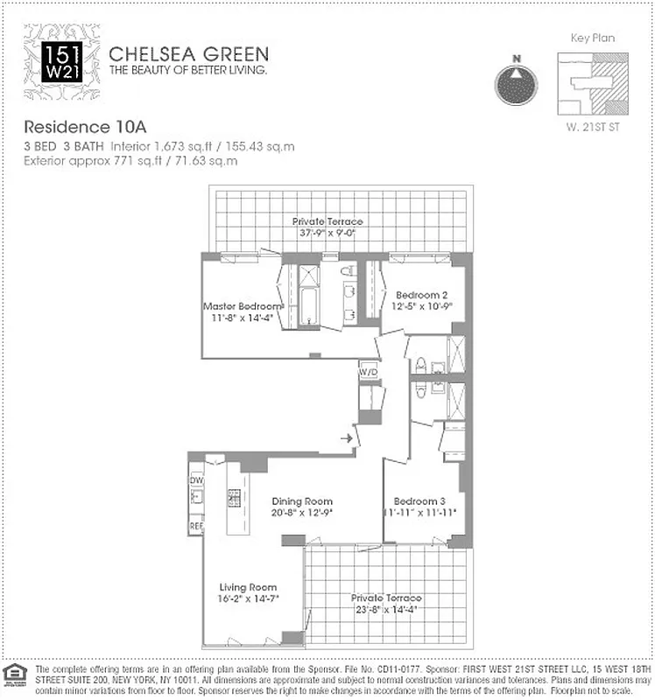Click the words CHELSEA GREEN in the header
188,54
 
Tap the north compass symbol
517,82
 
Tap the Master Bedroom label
243,306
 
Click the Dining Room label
301,501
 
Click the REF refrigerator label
197,528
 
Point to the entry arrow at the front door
347,437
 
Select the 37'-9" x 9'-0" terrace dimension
327,233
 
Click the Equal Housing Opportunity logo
13,673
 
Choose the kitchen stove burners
235,498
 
